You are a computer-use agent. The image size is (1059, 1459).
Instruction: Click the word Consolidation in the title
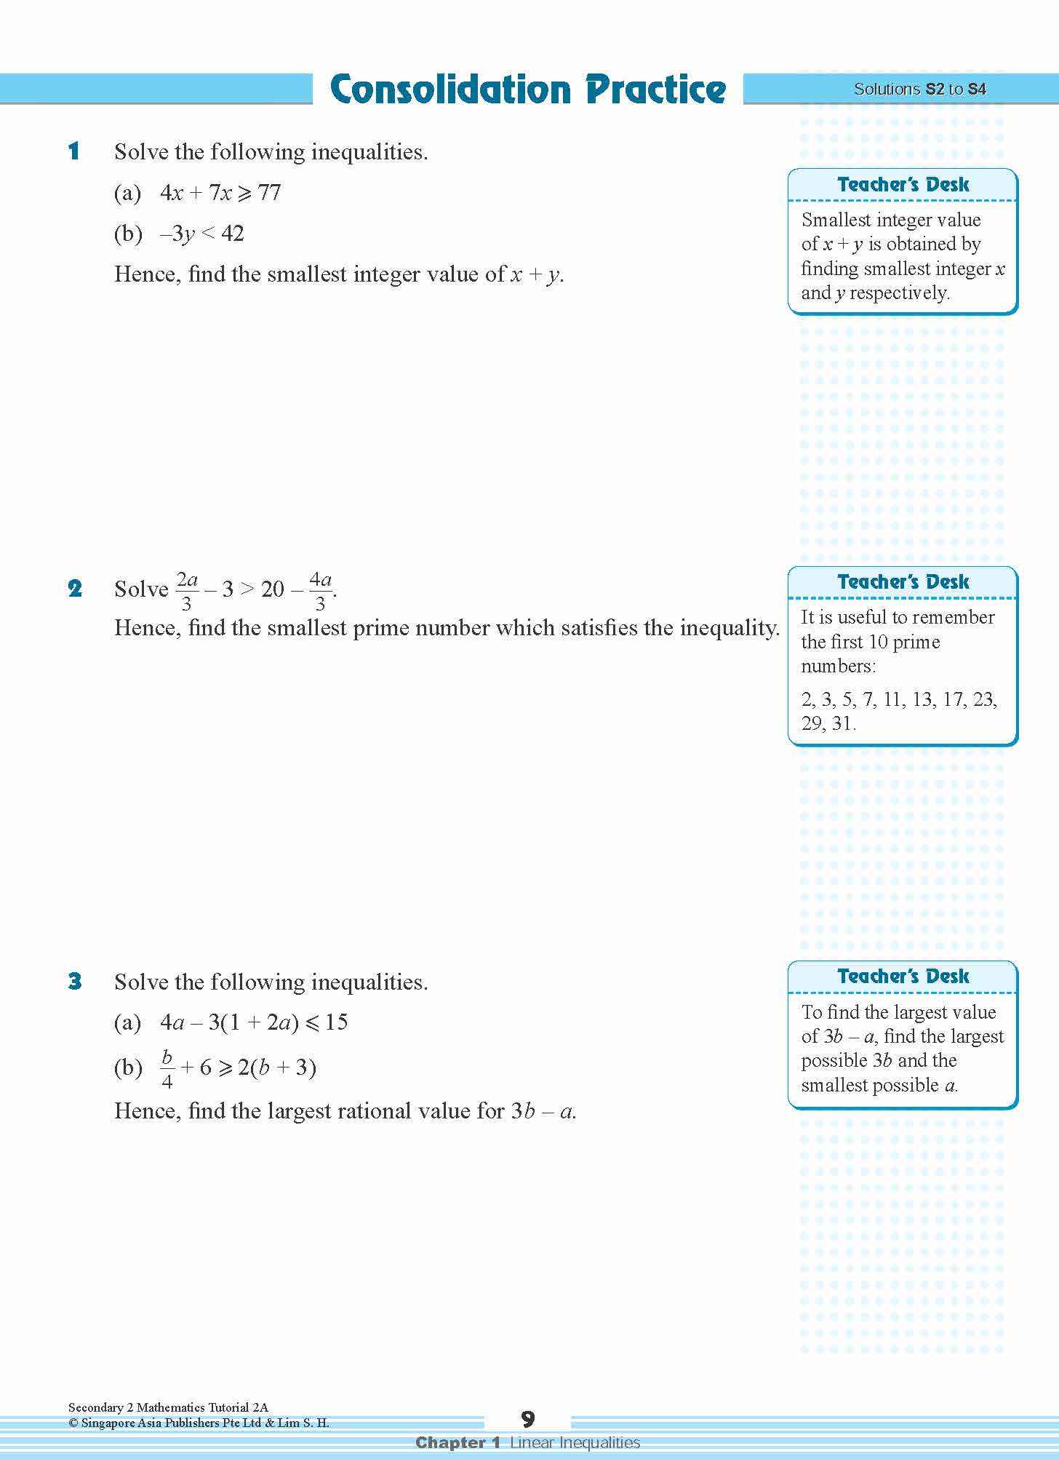coord(451,90)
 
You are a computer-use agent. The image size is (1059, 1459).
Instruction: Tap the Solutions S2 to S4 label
coord(919,90)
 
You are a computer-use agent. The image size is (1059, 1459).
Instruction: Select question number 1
coord(73,152)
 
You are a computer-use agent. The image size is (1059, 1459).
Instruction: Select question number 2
coord(74,589)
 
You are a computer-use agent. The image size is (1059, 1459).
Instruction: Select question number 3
coord(74,982)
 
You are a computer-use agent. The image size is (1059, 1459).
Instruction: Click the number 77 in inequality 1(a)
coord(269,193)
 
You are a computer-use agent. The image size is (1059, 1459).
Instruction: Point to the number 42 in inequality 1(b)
coord(232,234)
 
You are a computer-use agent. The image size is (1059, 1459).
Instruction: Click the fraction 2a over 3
coord(187,590)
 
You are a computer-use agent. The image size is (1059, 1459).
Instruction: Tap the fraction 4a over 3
coord(320,590)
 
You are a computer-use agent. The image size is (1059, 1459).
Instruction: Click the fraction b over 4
coord(167,1068)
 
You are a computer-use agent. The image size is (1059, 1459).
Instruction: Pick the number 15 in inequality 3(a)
coord(336,1022)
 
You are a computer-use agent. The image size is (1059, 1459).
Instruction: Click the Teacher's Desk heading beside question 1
coord(903,185)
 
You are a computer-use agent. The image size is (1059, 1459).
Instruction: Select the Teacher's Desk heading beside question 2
coord(903,582)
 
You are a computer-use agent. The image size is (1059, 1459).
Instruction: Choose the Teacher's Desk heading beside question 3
coord(903,977)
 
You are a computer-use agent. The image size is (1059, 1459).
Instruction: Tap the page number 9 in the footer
coord(528,1420)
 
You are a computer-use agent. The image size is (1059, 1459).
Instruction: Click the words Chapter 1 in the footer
coord(457,1442)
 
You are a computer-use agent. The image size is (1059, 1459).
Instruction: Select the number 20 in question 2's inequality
coord(272,589)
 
